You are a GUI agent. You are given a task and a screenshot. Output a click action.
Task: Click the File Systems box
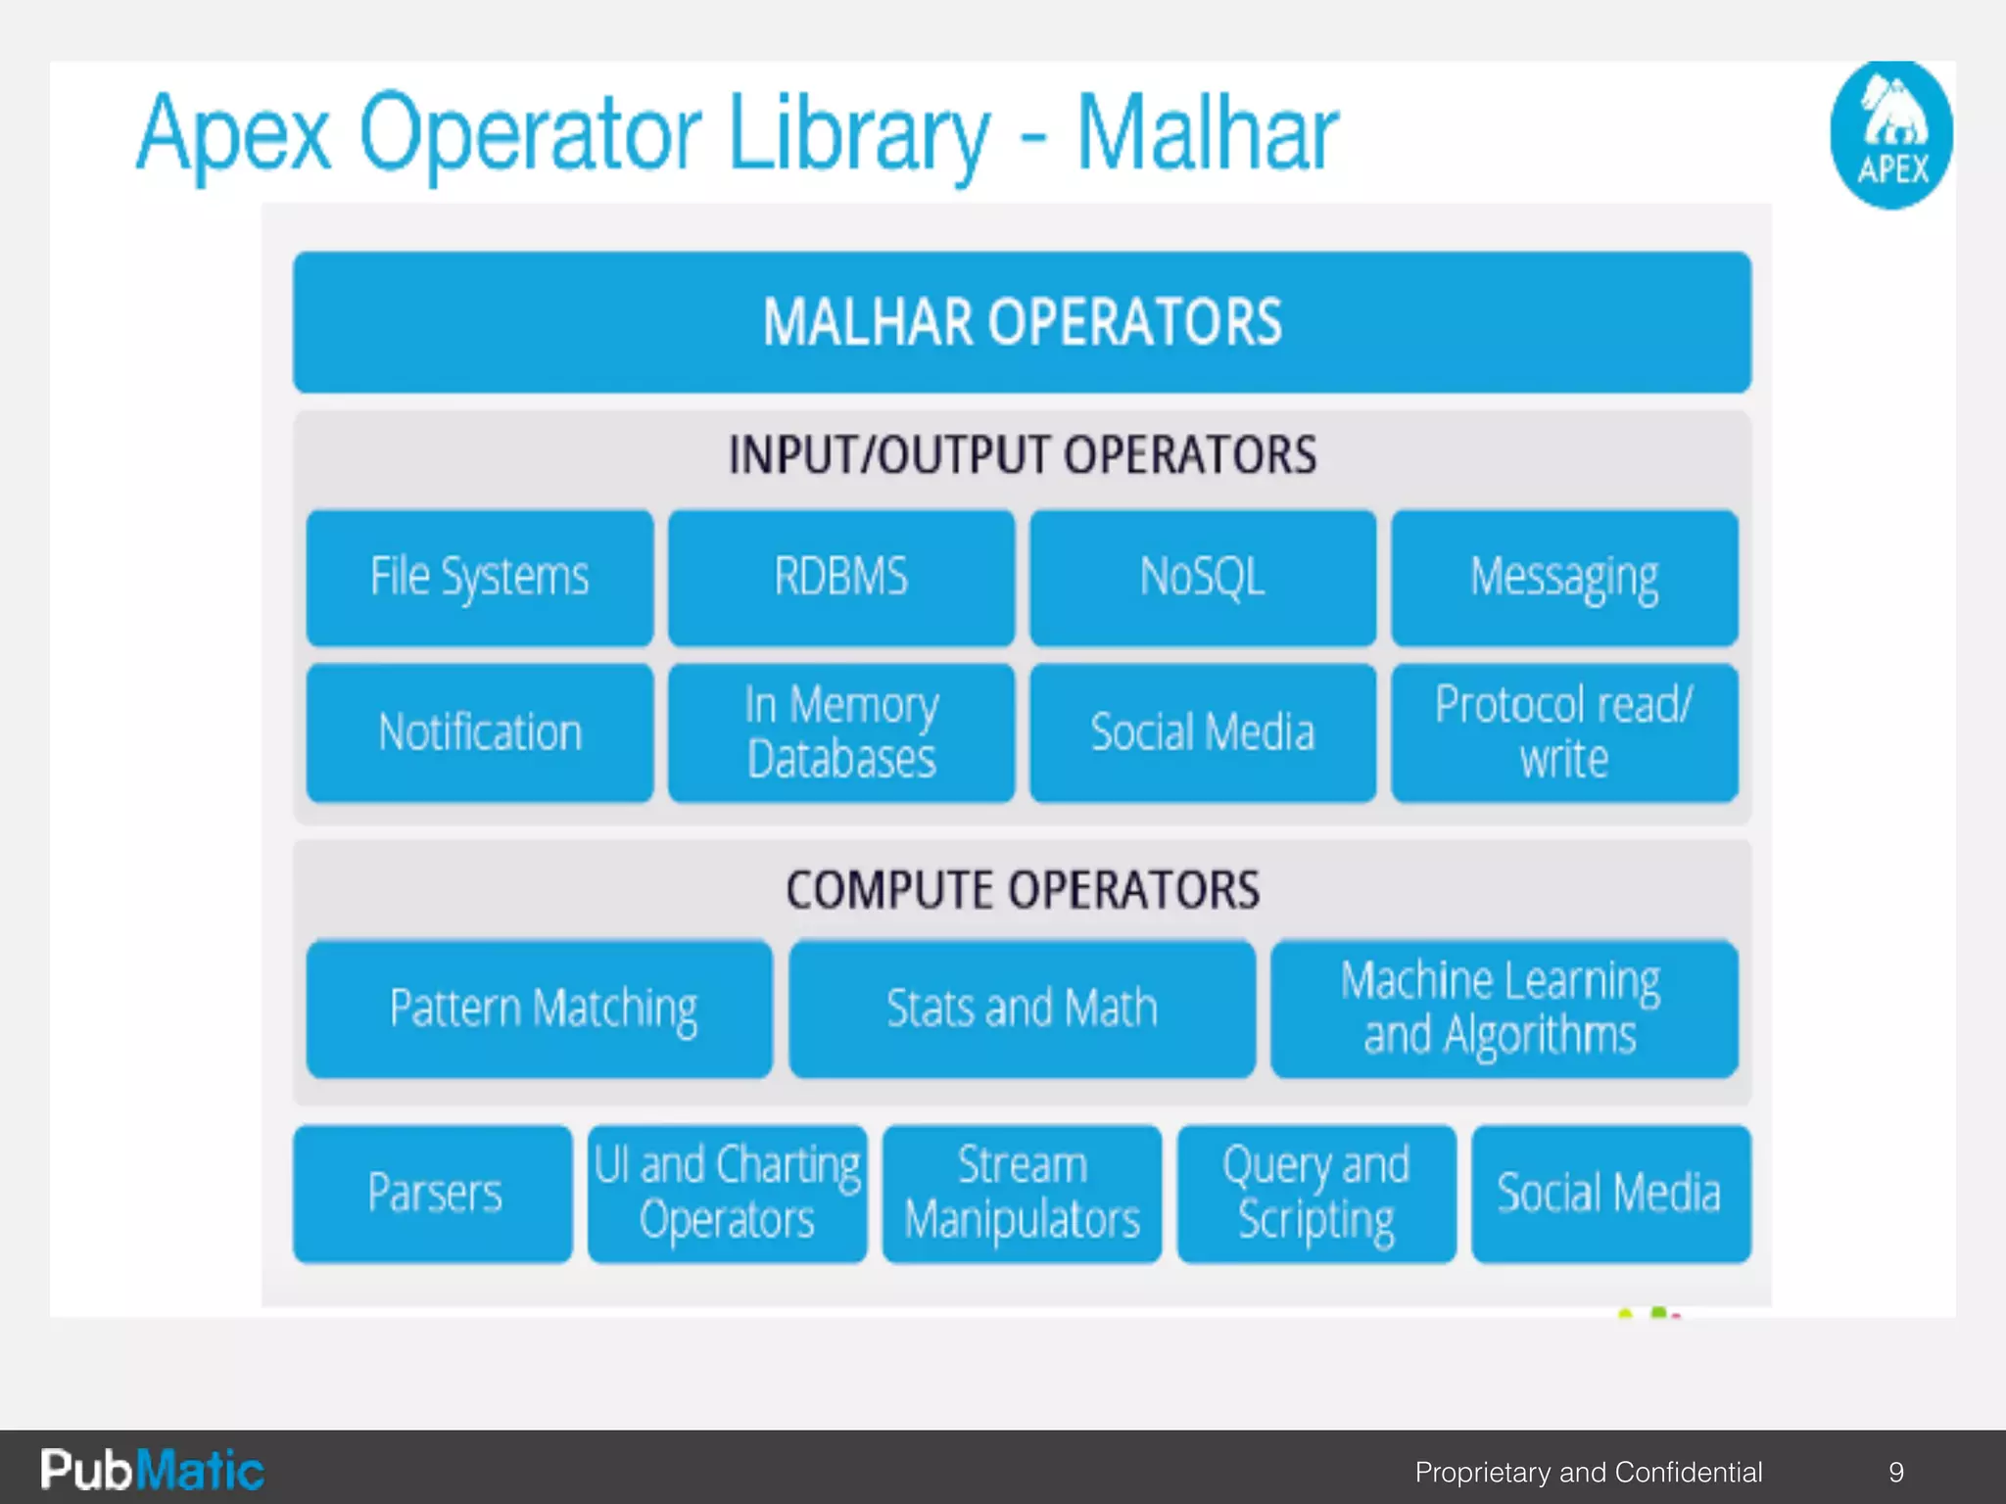479,578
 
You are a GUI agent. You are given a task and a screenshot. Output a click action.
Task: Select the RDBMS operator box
841,578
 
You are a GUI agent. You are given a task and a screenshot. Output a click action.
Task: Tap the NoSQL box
1203,578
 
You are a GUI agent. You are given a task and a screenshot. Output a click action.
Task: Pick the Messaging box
1564,578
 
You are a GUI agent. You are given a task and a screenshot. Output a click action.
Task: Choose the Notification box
479,732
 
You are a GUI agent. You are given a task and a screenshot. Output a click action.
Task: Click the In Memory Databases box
841,732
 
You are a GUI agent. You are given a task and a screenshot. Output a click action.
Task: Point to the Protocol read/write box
1564,732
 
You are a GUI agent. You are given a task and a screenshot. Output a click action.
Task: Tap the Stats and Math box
1022,1009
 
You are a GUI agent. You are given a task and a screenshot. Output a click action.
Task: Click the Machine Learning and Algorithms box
1504,1009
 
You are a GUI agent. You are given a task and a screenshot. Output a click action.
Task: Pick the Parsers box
433,1194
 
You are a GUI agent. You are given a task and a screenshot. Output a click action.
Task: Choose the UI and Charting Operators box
727,1194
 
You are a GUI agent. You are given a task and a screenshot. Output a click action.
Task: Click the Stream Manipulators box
1022,1194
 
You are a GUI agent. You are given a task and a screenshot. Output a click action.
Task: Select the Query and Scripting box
1315,1194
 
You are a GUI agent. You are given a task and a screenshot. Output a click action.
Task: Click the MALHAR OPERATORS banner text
1022,322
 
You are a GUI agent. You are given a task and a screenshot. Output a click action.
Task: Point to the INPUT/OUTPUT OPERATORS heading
1022,455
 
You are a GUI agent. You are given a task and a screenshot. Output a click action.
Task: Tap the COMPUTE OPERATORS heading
1022,890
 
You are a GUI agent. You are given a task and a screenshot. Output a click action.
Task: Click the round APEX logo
1891,135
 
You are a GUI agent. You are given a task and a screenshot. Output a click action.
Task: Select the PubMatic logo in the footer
152,1470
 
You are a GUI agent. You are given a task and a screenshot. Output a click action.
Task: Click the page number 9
1896,1472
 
